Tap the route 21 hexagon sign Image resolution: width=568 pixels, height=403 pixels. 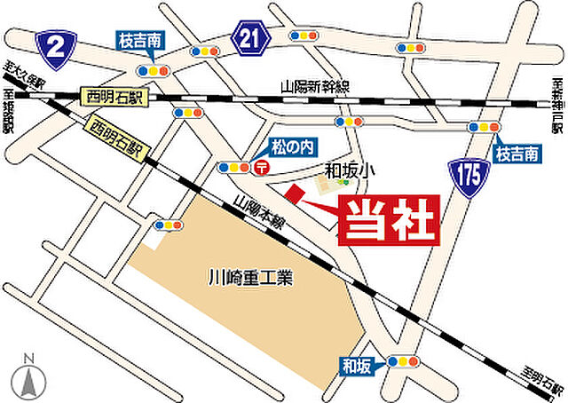click(x=251, y=36)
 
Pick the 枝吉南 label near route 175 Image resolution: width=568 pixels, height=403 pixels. click(x=517, y=154)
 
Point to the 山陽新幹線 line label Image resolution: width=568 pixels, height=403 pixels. click(x=315, y=86)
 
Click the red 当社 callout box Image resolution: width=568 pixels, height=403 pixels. click(x=388, y=221)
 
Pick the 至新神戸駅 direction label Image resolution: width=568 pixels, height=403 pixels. click(x=557, y=105)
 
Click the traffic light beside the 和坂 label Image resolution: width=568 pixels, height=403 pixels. click(x=403, y=361)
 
